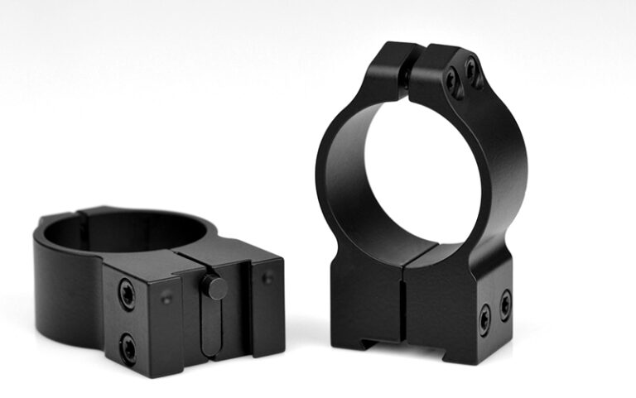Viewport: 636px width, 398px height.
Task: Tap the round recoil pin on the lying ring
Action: click(215, 288)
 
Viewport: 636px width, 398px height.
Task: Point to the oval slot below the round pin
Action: click(211, 327)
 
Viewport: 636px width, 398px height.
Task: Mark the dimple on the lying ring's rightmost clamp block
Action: click(267, 278)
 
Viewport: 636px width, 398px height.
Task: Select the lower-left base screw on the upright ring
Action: click(484, 317)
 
